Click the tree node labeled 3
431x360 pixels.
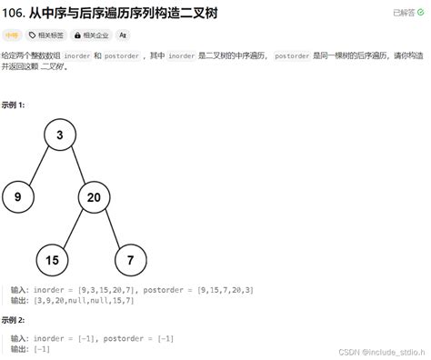click(x=59, y=135)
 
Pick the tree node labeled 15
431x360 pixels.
click(x=52, y=260)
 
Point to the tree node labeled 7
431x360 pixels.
click(x=131, y=260)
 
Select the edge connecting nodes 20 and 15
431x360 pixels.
click(x=73, y=227)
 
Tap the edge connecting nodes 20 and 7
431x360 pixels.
click(x=113, y=227)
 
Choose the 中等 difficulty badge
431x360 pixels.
click(x=12, y=35)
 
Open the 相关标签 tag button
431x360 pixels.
click(x=46, y=35)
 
